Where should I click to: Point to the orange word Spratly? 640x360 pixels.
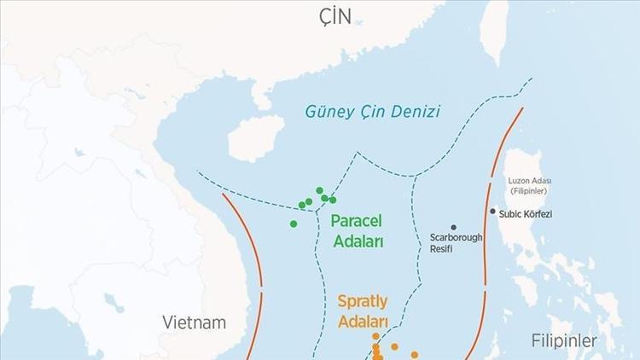[x=364, y=301]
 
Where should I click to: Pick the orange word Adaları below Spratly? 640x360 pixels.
[x=364, y=322]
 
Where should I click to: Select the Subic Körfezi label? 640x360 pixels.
[x=526, y=214]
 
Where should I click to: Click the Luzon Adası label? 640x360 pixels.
[x=531, y=181]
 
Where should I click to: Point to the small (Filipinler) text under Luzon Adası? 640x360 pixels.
[x=531, y=192]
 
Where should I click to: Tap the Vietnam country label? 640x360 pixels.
[x=195, y=322]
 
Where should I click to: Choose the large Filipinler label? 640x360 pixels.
[x=564, y=340]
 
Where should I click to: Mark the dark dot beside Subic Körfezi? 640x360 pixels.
[x=493, y=212]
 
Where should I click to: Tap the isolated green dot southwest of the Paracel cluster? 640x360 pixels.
[x=294, y=224]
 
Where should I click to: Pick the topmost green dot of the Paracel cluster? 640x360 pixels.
[x=319, y=190]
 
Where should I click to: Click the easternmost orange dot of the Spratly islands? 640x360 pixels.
[x=415, y=354]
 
